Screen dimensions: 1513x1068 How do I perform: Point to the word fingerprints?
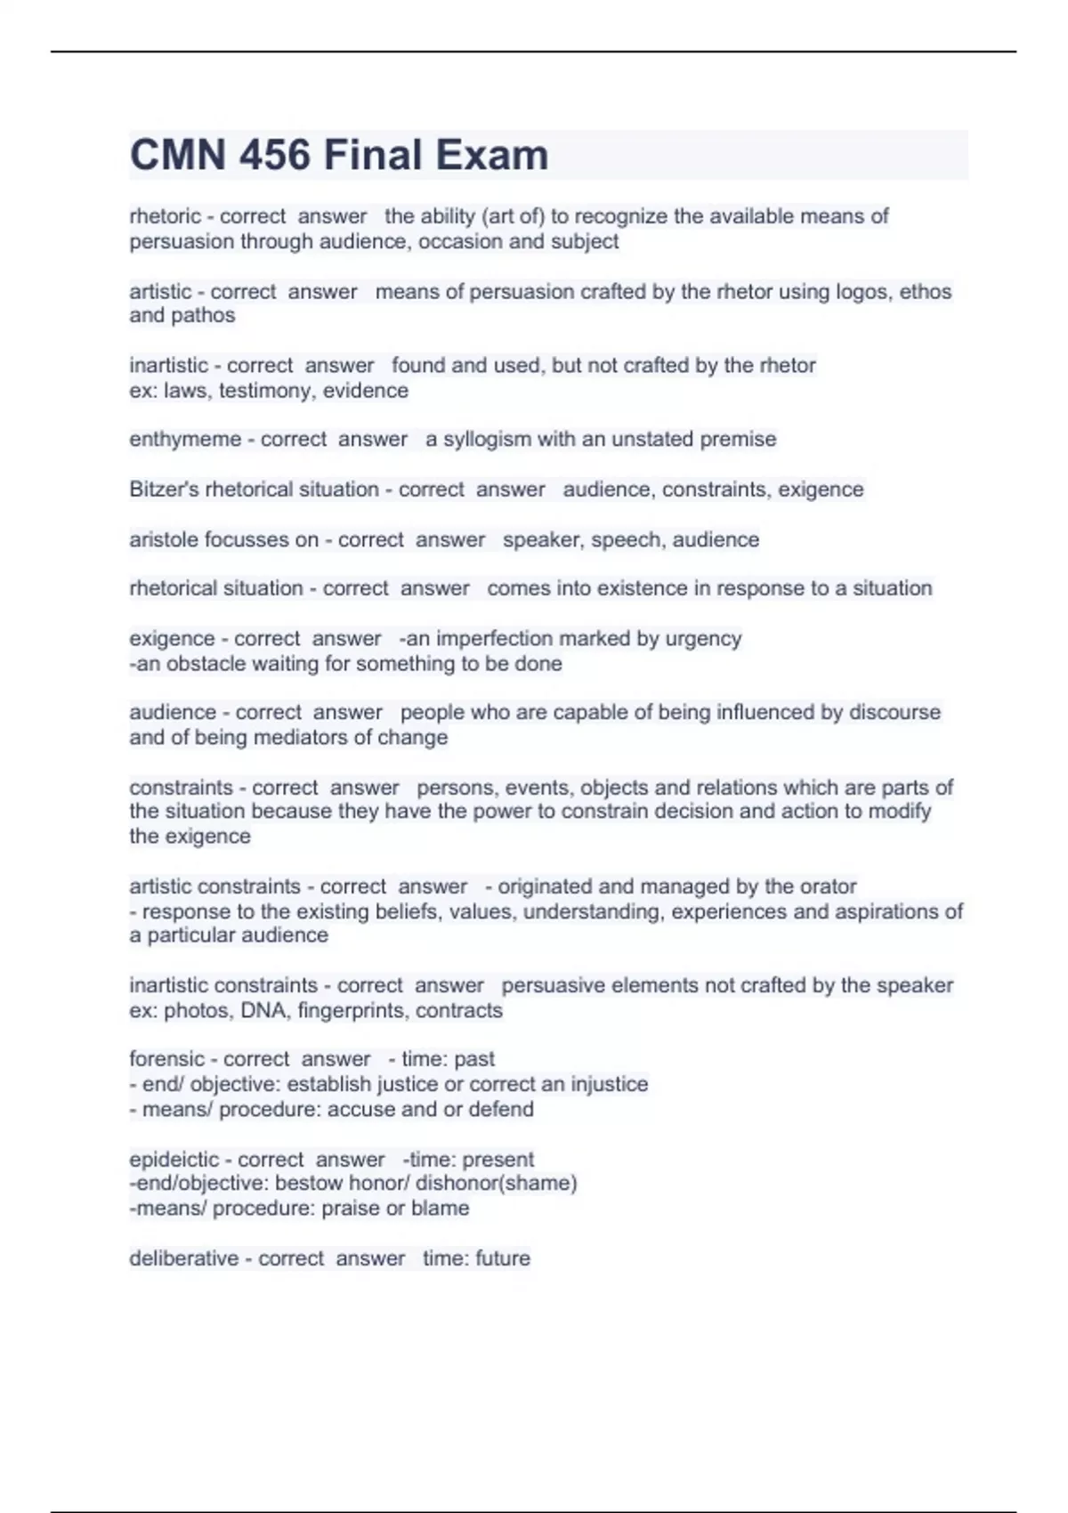351,1011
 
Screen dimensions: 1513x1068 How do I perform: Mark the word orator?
828,886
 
